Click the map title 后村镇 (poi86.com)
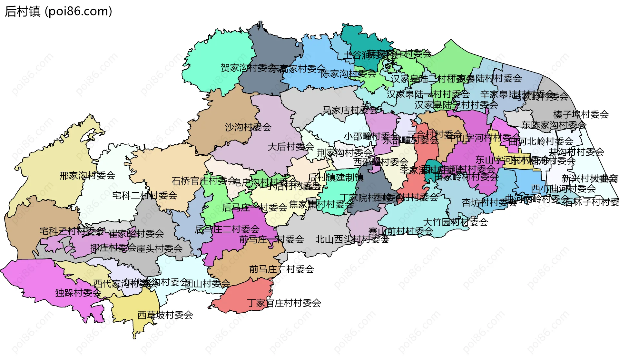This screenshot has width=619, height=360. click(58, 11)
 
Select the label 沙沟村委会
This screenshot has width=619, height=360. click(248, 127)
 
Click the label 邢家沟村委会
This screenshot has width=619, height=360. click(87, 175)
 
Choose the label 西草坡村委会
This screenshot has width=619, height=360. click(165, 315)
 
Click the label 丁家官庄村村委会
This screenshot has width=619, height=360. click(284, 303)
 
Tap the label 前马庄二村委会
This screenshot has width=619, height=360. click(281, 269)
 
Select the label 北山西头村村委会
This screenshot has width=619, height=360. click(352, 239)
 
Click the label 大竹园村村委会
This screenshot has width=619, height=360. click(455, 222)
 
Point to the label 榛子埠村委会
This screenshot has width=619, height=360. click(581, 114)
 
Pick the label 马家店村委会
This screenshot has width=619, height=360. click(350, 110)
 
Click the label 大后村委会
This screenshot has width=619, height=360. click(290, 147)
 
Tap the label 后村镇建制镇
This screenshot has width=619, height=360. click(336, 177)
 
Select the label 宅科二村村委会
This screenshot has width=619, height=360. click(145, 195)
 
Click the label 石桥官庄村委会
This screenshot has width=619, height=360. click(204, 180)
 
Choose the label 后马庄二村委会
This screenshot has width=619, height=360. click(227, 229)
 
